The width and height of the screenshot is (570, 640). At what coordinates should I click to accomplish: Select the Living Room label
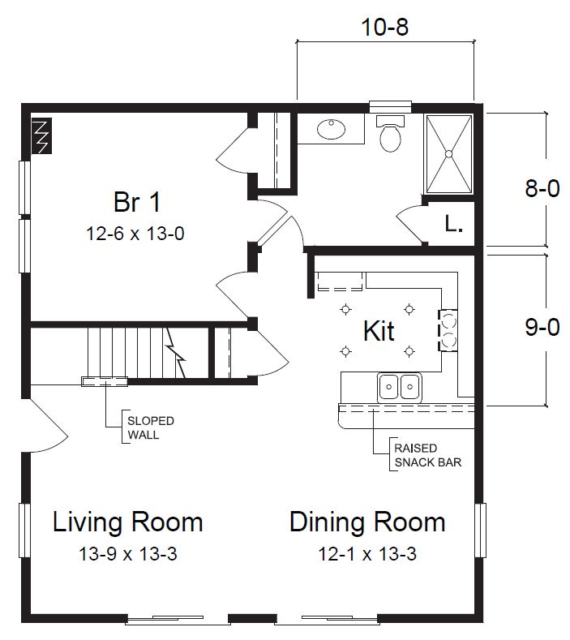pos(127,522)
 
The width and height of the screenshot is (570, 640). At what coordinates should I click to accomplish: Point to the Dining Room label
pos(367,522)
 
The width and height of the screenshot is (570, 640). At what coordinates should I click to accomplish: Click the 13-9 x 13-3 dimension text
pos(127,555)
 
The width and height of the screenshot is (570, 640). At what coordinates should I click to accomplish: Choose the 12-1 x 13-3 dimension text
pos(367,555)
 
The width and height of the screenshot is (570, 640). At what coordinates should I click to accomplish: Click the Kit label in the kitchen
pos(378,331)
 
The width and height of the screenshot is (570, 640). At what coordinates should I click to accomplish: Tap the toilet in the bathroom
pos(390,134)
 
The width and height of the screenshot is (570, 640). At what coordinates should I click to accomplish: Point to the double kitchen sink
pos(399,388)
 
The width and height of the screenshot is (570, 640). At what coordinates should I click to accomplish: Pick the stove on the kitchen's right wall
pos(447,330)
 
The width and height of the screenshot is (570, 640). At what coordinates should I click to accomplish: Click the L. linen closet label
pos(453,225)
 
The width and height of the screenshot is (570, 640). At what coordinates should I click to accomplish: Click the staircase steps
pos(130,352)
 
